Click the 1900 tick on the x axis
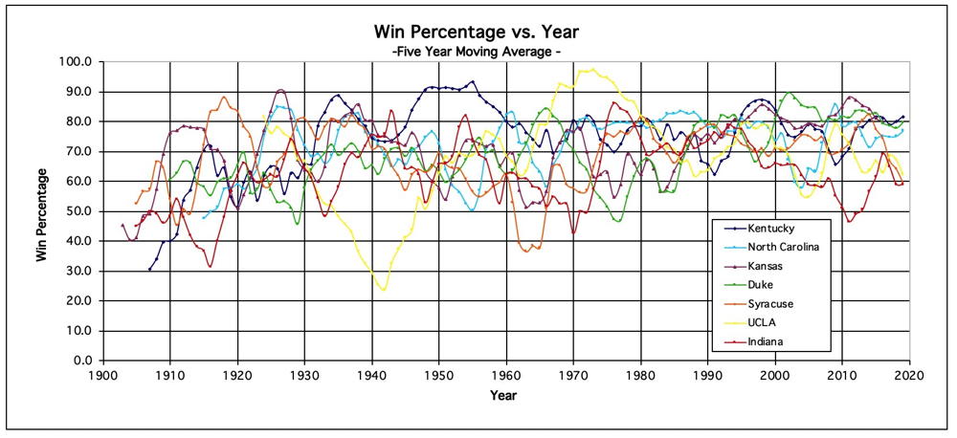(102, 376)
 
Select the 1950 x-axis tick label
(438, 376)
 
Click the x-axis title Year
(504, 395)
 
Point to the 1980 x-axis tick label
(640, 376)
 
